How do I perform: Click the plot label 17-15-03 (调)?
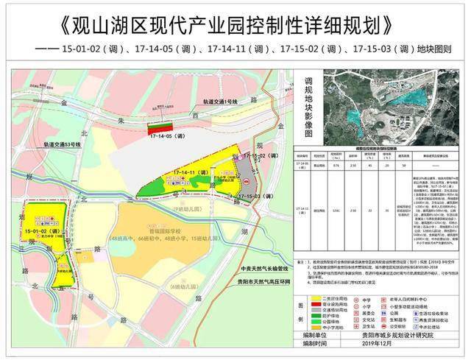(x=262, y=196)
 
